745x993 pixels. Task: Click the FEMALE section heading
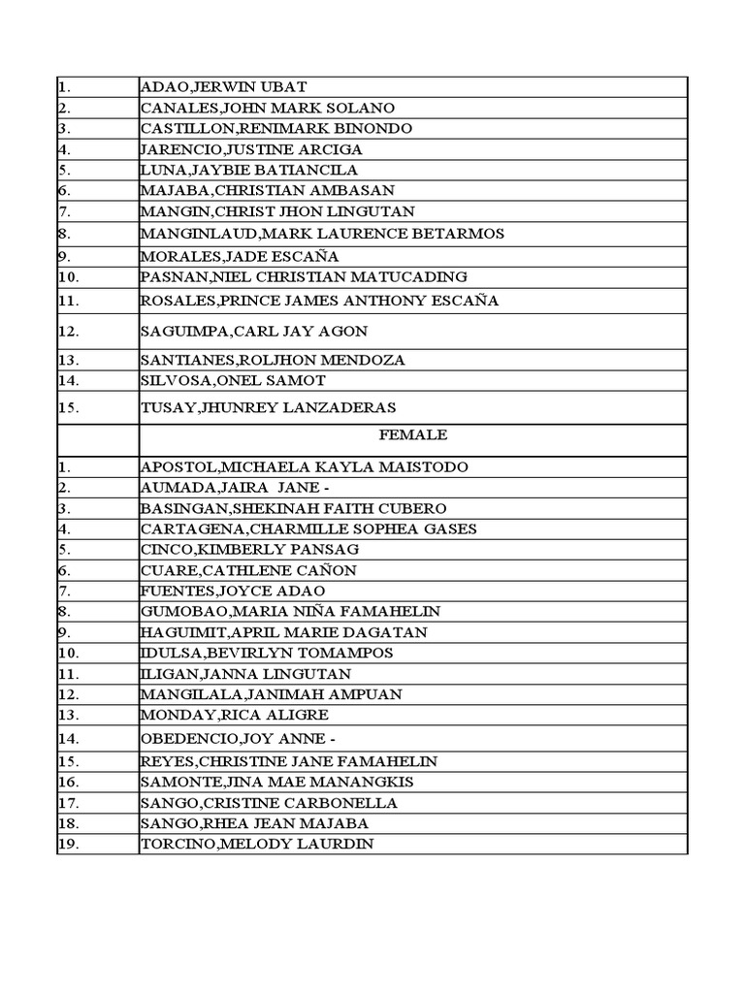tap(413, 435)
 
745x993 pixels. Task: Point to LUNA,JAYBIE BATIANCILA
tap(248, 171)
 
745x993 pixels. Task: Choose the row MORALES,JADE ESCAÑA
tap(239, 256)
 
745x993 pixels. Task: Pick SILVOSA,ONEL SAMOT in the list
tap(233, 380)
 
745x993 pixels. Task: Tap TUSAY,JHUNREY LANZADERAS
tap(267, 407)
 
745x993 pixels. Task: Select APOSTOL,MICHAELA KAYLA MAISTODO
tap(304, 467)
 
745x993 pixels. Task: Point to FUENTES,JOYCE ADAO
tap(233, 591)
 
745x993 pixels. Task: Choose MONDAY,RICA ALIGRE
tap(234, 715)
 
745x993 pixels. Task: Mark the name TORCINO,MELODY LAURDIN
tap(256, 845)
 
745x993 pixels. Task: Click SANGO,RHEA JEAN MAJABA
tap(254, 823)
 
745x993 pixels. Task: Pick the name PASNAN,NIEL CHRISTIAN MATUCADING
tap(303, 277)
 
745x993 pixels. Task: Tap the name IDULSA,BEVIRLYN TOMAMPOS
tap(267, 653)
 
